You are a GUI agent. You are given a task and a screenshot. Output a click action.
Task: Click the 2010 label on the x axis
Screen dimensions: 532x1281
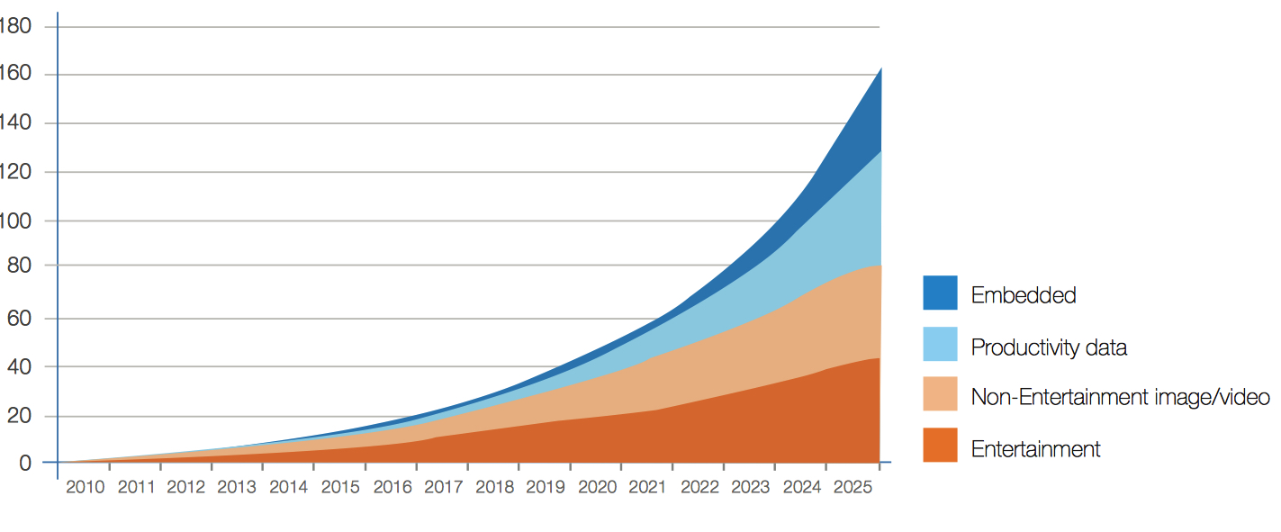coord(86,487)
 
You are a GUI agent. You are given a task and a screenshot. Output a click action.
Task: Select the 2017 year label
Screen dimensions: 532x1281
coord(443,487)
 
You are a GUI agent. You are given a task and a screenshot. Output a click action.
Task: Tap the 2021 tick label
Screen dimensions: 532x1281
coord(647,487)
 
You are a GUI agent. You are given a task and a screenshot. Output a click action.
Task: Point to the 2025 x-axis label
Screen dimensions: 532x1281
coord(851,487)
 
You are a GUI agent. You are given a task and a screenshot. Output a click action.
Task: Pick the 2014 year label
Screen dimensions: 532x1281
coord(290,487)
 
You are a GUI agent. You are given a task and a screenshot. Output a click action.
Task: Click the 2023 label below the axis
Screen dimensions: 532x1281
coord(750,487)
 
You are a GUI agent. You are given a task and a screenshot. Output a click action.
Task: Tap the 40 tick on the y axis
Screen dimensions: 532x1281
coord(20,366)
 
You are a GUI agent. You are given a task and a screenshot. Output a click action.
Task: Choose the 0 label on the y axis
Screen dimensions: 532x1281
coord(25,463)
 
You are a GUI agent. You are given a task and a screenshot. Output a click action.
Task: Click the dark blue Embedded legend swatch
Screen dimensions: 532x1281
coord(940,293)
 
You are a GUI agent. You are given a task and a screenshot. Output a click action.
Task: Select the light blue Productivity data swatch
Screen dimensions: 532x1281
coord(940,344)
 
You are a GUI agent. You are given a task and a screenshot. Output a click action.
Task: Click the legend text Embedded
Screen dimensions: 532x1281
coord(1024,295)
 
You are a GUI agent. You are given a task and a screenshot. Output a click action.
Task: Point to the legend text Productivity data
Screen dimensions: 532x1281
coord(1049,347)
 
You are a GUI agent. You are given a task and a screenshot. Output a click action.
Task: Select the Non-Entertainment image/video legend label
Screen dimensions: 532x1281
coord(1120,397)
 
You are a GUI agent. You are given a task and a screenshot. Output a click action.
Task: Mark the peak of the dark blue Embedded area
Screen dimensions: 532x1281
coord(880,69)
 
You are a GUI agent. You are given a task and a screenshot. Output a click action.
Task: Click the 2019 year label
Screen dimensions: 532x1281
coord(545,487)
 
